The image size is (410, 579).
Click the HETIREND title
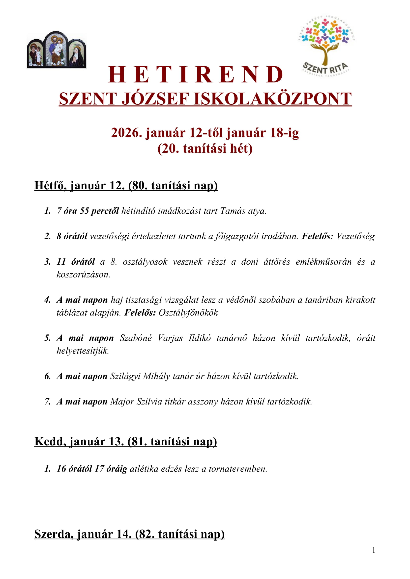tap(196, 75)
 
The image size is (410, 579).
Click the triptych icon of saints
tap(57, 50)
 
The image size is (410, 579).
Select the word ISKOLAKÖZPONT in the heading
tap(272, 99)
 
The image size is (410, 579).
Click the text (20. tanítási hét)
tap(205, 149)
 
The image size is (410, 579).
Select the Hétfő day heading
tap(126, 186)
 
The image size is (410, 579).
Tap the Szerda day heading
tap(129, 534)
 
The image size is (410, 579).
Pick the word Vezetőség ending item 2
tap(355, 236)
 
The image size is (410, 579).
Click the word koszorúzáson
tap(83, 275)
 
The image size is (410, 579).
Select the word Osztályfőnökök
tap(188, 313)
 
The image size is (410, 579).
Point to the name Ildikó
tap(200, 338)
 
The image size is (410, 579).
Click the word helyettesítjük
tap(83, 351)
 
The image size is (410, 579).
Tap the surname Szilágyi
tap(125, 376)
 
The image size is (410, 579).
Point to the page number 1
tap(374, 550)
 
